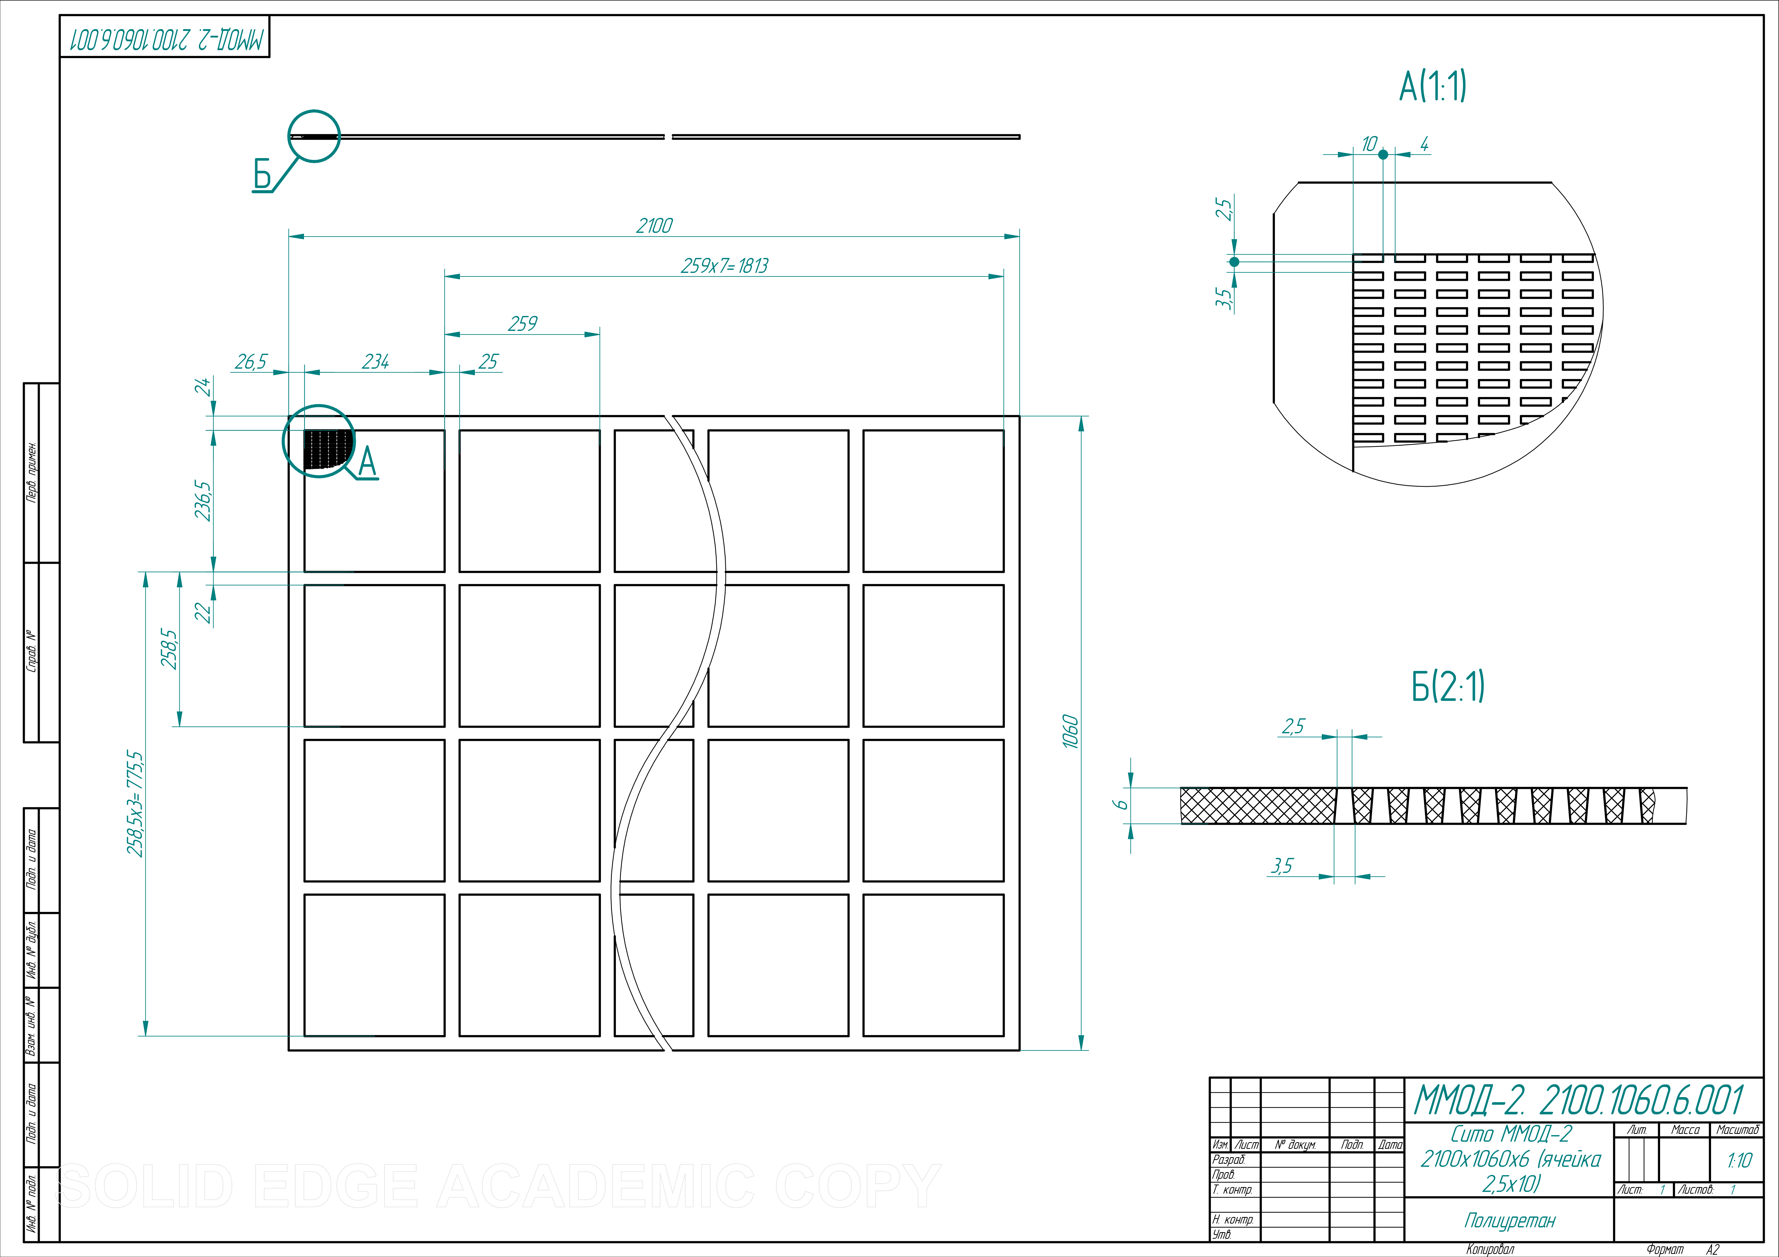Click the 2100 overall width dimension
[x=654, y=225]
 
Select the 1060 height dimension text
[x=1070, y=731]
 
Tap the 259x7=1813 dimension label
[x=724, y=266]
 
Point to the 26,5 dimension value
[x=251, y=362]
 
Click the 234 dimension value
[x=376, y=362]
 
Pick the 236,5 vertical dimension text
[x=203, y=500]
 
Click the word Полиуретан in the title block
[x=1509, y=1221]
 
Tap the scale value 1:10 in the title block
[x=1739, y=1160]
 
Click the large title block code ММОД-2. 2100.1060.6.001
[x=1579, y=1100]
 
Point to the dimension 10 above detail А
[x=1369, y=144]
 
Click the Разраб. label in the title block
[x=1228, y=1159]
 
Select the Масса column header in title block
[x=1685, y=1130]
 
